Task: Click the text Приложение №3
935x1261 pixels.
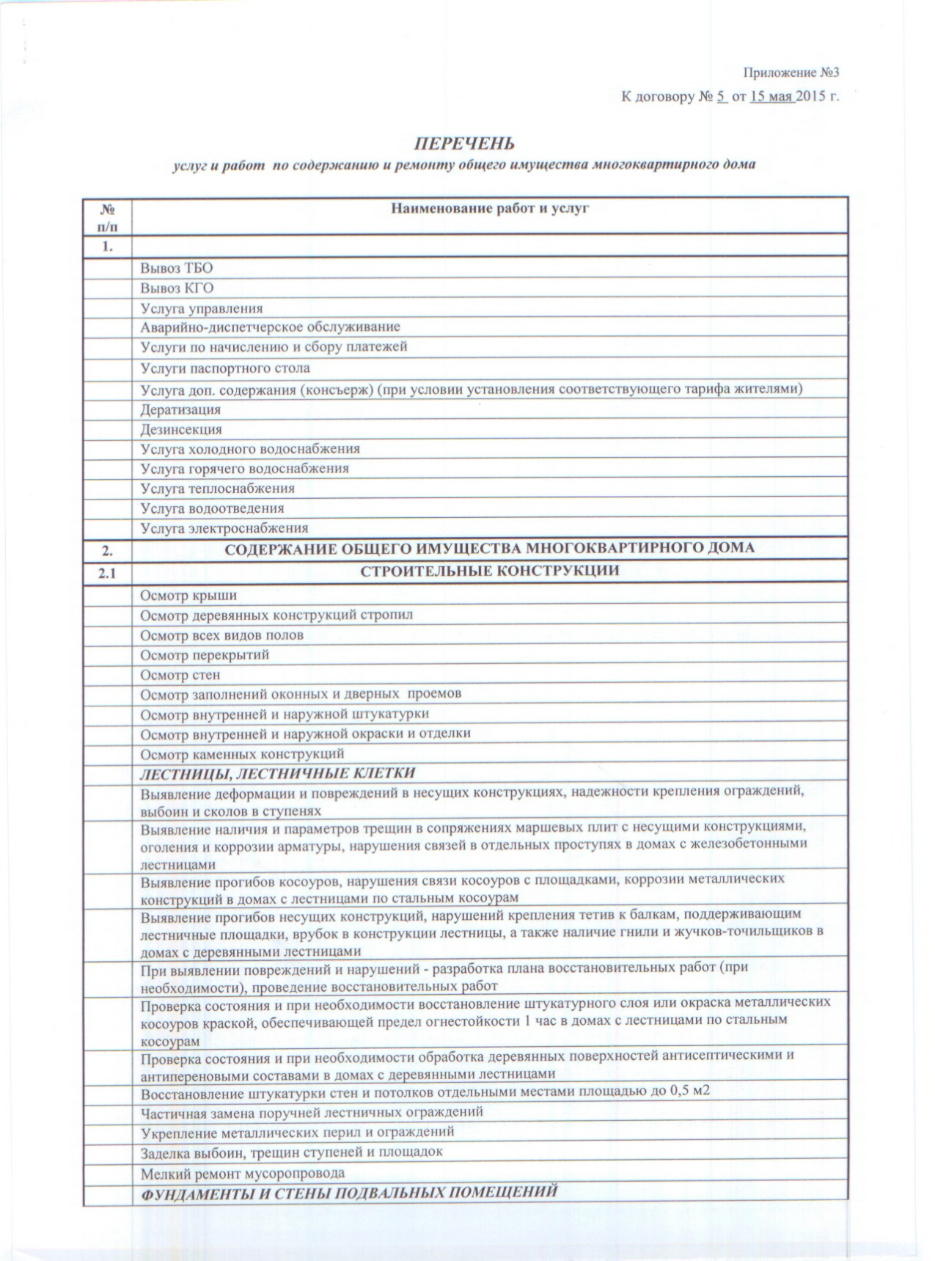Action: click(x=790, y=73)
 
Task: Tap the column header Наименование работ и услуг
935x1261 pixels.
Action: click(x=490, y=208)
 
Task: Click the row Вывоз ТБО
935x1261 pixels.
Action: click(x=177, y=268)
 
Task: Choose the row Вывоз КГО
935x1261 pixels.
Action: click(x=177, y=288)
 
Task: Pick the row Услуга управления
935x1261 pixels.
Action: click(x=202, y=308)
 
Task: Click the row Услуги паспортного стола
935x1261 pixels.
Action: click(x=225, y=368)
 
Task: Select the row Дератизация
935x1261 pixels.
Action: click(x=180, y=409)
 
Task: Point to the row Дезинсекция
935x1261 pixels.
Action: click(x=181, y=429)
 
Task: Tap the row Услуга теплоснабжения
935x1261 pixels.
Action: click(x=217, y=488)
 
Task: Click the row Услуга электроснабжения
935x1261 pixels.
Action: click(x=224, y=527)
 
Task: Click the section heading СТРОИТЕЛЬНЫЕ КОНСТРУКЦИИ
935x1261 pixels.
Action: click(x=490, y=571)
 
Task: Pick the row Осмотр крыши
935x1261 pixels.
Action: click(x=188, y=595)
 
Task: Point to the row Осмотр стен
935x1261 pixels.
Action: click(x=180, y=674)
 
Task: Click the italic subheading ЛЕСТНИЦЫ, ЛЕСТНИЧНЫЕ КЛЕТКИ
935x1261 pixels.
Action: click(x=278, y=772)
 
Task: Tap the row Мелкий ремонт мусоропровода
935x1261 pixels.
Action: click(x=243, y=1172)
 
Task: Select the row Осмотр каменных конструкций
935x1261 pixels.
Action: click(x=242, y=753)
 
